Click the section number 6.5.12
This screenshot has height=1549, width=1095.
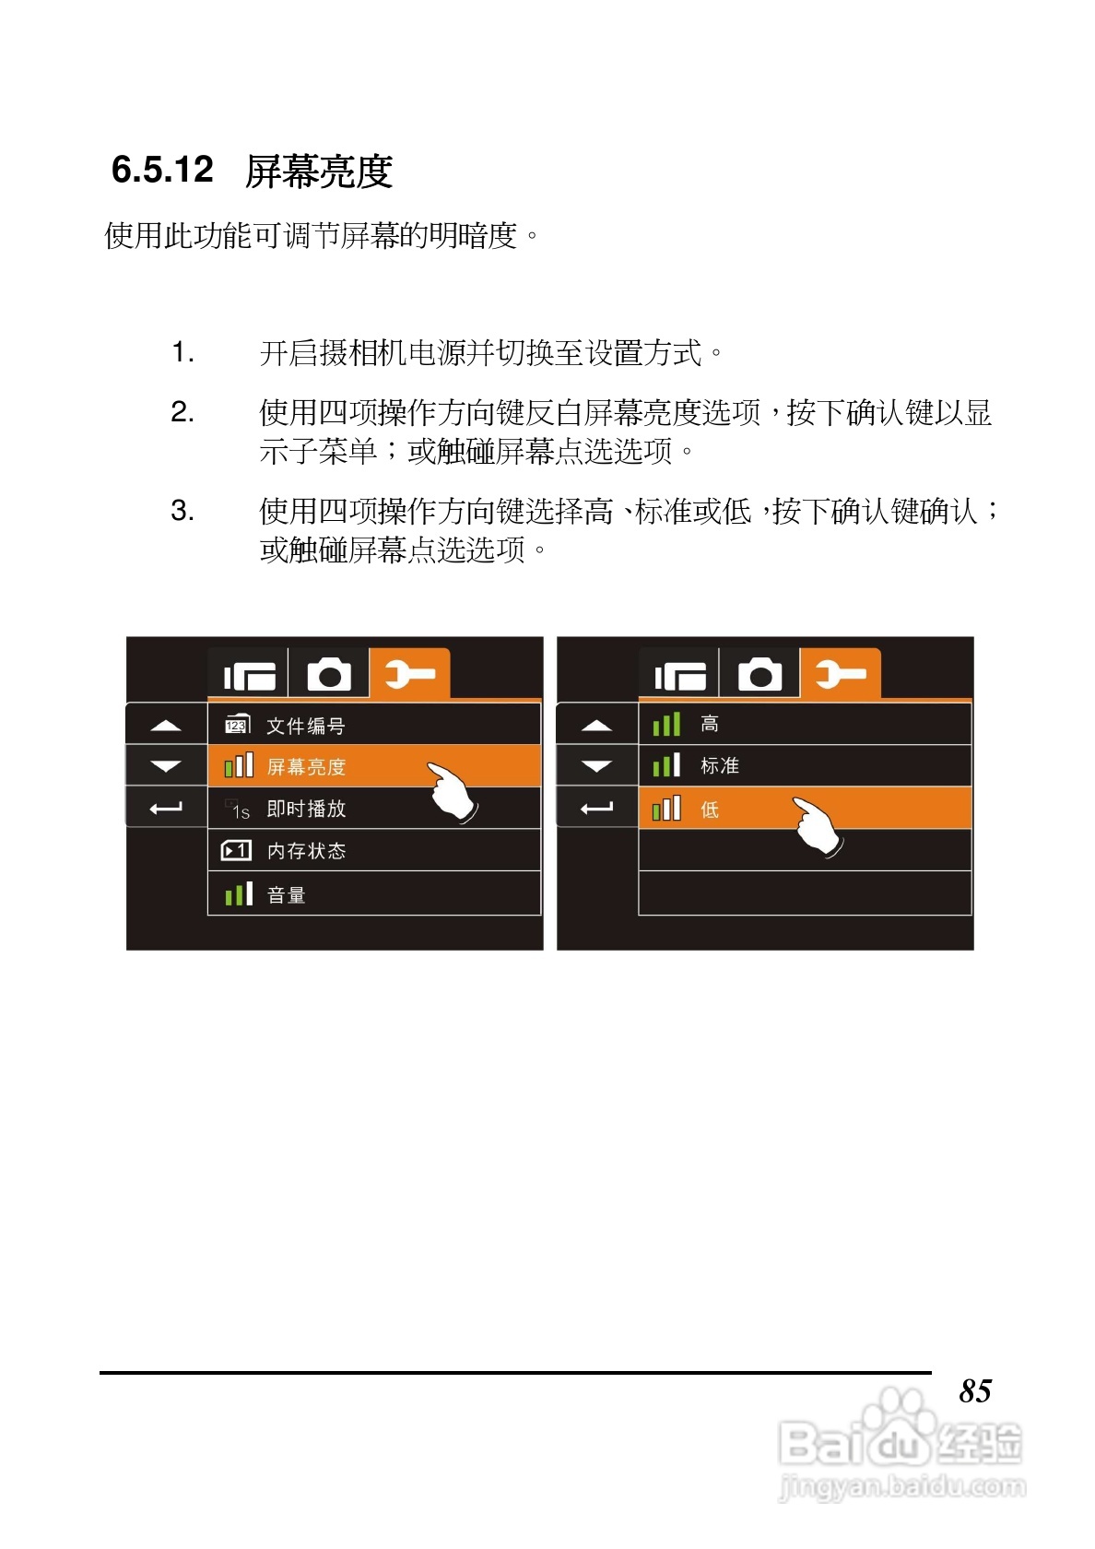[162, 170]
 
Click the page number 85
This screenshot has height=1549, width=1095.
[974, 1390]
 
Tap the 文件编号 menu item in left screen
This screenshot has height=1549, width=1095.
[305, 726]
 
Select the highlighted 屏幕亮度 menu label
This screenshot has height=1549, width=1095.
[306, 767]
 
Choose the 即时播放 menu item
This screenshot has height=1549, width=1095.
[306, 809]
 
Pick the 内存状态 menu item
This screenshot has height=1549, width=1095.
[306, 851]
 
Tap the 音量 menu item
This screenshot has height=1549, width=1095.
[286, 894]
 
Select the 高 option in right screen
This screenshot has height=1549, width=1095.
[710, 725]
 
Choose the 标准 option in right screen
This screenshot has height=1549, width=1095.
[719, 766]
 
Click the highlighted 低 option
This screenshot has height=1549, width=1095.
[710, 810]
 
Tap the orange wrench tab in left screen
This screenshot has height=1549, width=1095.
[409, 674]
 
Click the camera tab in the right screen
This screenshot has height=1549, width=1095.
[759, 675]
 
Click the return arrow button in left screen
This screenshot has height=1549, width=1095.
[166, 809]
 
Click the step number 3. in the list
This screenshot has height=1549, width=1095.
[182, 511]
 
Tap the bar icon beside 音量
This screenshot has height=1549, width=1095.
[238, 894]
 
